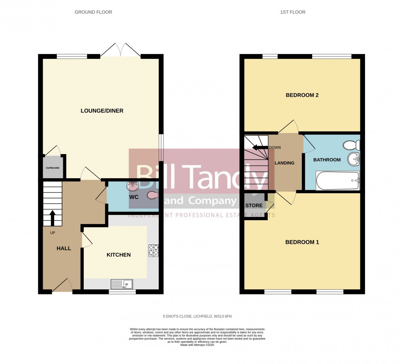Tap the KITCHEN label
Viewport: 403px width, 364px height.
tap(119, 255)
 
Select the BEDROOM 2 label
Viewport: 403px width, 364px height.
tap(302, 95)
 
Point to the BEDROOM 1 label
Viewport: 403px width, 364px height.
tap(302, 242)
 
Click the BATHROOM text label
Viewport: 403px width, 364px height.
tap(327, 160)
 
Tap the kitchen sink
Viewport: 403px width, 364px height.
tap(122, 283)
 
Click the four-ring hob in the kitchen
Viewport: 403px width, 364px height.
tap(153, 250)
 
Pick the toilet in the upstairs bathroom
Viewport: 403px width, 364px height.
tap(350, 145)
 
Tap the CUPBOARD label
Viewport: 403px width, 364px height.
tap(52, 168)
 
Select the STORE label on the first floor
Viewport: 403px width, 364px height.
tap(254, 206)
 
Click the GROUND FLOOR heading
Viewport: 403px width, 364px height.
tap(93, 12)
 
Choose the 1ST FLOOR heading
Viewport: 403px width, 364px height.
tap(293, 12)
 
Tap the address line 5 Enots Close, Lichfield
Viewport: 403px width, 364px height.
tap(200, 316)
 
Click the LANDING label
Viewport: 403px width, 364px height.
tap(284, 163)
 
